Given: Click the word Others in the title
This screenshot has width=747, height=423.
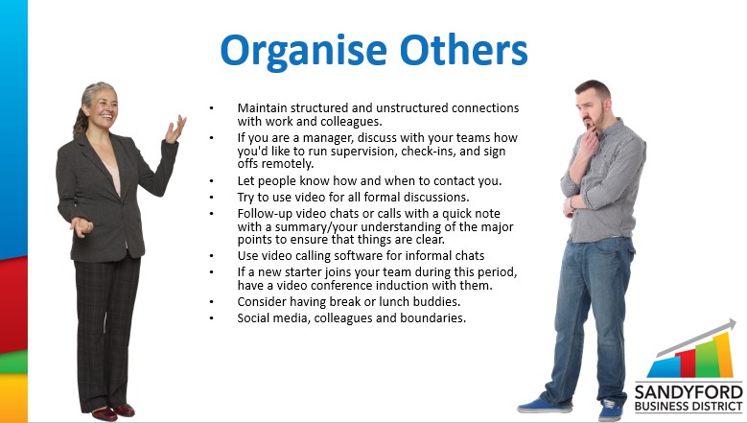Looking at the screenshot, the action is click(x=464, y=50).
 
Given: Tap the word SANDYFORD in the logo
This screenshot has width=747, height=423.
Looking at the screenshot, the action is click(x=689, y=393).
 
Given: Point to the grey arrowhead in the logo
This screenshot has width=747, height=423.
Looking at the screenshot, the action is click(x=729, y=326).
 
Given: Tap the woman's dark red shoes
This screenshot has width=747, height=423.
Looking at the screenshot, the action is click(x=112, y=412).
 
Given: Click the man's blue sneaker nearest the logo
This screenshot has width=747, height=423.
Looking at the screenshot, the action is click(x=610, y=411).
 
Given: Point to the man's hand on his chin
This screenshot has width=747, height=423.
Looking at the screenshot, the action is click(x=590, y=138).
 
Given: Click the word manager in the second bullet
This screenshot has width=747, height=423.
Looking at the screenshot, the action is click(x=328, y=138).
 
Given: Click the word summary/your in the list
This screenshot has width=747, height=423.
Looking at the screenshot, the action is click(x=316, y=227).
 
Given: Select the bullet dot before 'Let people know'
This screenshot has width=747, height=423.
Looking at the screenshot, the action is click(x=212, y=181).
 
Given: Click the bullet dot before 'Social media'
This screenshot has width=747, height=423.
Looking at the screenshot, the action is click(x=212, y=318).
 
